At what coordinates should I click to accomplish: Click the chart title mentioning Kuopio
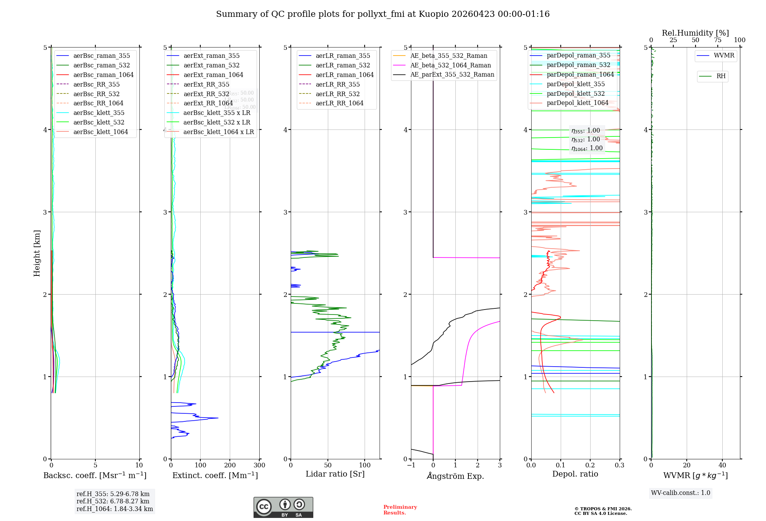(383, 14)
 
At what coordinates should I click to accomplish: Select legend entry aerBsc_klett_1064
(100, 132)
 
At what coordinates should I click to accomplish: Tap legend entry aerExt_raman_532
(211, 65)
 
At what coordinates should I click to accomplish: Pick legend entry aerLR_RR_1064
(339, 103)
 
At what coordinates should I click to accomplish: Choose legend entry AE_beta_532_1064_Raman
(450, 65)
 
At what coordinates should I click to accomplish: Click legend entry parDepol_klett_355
(576, 84)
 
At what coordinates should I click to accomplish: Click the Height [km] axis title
(37, 253)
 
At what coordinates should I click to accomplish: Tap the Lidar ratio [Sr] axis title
(335, 474)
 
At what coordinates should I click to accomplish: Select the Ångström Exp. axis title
(455, 476)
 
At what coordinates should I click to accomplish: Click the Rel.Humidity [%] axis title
(695, 33)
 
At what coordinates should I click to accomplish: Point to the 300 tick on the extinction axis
(259, 465)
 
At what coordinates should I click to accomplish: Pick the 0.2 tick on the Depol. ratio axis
(590, 465)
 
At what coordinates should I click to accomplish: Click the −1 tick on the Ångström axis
(411, 465)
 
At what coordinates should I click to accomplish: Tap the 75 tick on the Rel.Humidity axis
(717, 40)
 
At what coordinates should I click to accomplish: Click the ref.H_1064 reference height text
(115, 509)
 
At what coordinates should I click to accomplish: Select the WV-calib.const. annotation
(681, 493)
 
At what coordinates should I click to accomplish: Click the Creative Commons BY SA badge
(283, 508)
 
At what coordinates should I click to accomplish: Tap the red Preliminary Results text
(400, 510)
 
